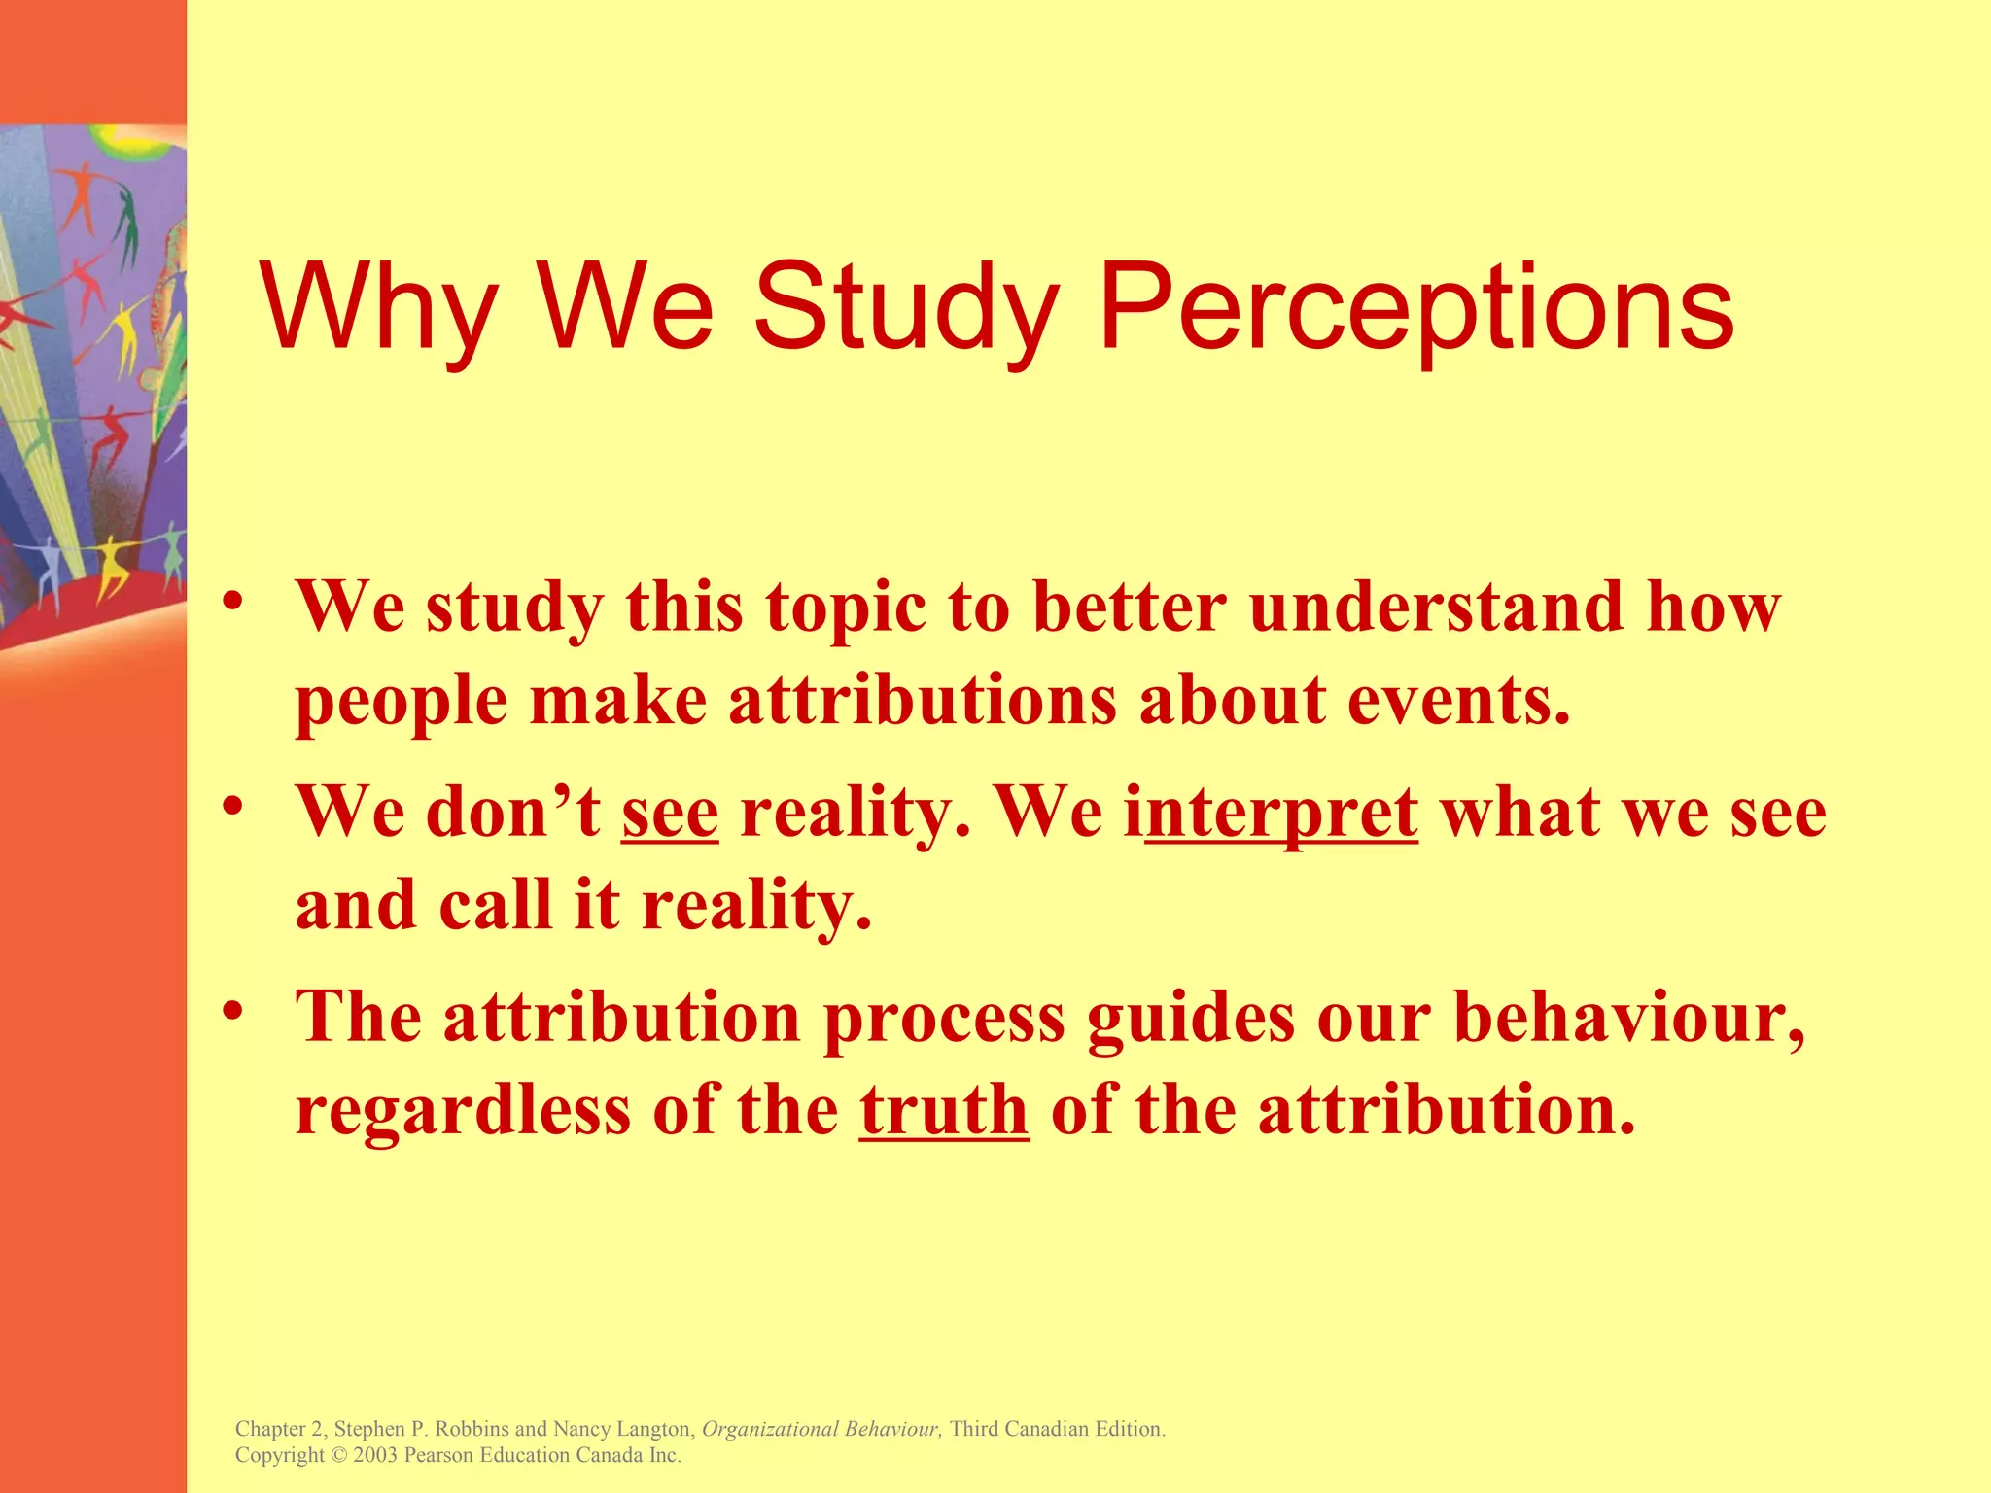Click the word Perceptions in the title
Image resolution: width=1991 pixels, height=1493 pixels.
[x=1416, y=309]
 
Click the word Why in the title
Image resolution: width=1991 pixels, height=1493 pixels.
[x=379, y=309]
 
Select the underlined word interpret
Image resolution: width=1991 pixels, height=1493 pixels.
[x=1281, y=813]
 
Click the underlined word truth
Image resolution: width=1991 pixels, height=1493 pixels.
[x=944, y=1110]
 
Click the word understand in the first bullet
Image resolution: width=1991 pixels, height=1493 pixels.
[x=1436, y=607]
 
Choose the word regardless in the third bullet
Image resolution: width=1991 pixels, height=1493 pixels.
[x=463, y=1110]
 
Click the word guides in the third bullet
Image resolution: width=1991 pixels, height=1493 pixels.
[x=1191, y=1018]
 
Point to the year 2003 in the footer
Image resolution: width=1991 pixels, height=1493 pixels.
[x=375, y=1455]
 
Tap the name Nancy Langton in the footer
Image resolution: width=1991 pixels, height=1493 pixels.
[x=622, y=1429]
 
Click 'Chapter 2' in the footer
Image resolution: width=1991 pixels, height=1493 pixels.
[x=280, y=1429]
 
